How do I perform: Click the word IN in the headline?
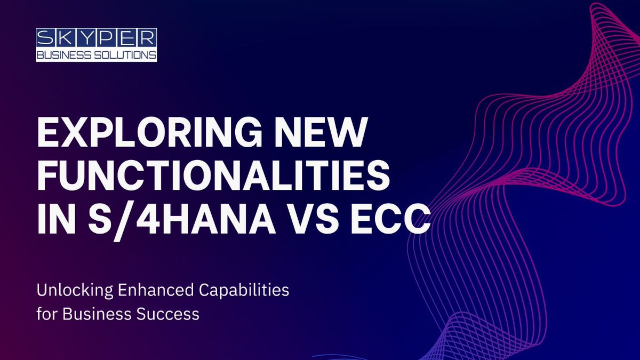pos(54,218)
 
